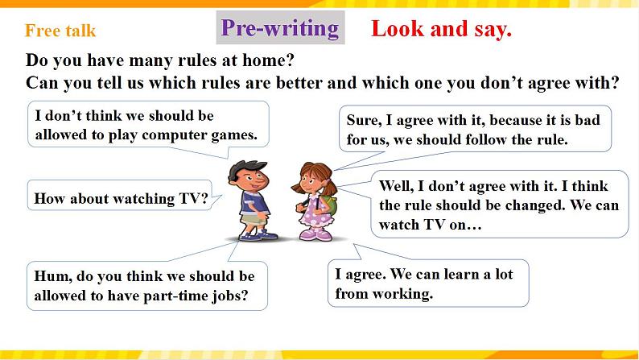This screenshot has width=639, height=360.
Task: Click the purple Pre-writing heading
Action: tap(280, 28)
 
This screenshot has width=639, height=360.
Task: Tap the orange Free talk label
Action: tap(60, 31)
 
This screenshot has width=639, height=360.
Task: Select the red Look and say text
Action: tap(441, 30)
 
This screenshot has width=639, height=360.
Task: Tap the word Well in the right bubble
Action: tap(396, 186)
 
